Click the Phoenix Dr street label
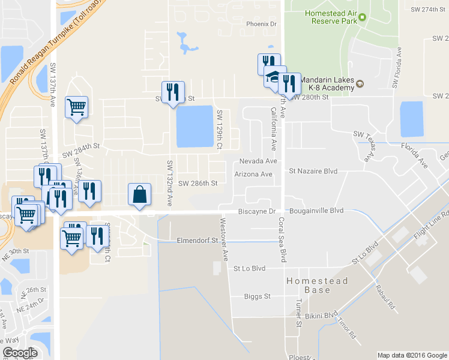pos(261,24)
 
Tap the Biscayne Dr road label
pos(256,211)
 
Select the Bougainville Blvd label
pos(316,211)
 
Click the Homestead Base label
pos(308,285)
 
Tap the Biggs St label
pos(258,296)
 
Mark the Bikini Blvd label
pos(322,315)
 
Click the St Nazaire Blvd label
pos(313,172)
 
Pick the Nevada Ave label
pos(258,161)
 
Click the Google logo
pos(20,353)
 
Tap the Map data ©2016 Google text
pos(411,355)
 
